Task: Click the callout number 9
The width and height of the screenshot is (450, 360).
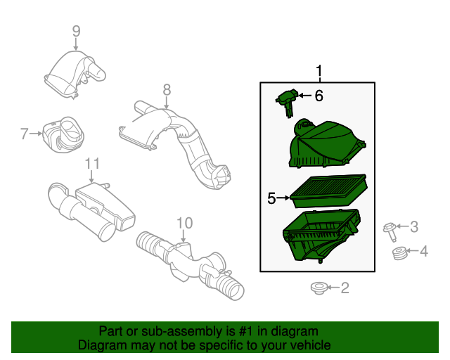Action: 76,31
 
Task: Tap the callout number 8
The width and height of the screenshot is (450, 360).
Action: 167,90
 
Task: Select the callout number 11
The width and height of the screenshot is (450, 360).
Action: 92,164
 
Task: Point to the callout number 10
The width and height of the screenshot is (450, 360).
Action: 184,223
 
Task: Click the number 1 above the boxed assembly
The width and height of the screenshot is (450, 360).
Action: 319,71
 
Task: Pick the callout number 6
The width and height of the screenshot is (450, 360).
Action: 319,96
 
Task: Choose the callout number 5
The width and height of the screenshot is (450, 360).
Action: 271,198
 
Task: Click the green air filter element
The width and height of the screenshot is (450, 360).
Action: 328,191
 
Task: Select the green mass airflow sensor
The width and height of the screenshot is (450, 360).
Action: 288,102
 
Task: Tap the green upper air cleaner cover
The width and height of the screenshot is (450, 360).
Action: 326,143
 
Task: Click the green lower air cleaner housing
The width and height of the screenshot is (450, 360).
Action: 321,235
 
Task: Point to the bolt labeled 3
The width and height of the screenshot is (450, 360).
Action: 390,231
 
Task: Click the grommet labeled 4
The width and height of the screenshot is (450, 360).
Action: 399,253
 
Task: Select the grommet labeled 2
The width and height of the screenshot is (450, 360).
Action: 319,288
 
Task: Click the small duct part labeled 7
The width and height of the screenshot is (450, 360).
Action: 63,134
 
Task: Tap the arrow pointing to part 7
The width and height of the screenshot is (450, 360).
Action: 36,134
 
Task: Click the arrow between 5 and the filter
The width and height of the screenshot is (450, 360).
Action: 283,198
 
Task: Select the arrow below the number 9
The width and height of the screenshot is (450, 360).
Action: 76,44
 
